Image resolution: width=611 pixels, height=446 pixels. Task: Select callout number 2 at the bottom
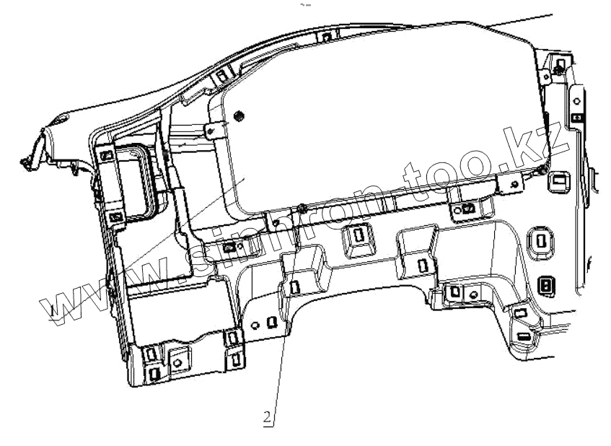(x=267, y=416)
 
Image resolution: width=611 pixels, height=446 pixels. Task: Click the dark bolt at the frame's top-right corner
(x=559, y=67)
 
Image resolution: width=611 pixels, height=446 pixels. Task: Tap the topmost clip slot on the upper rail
(x=326, y=37)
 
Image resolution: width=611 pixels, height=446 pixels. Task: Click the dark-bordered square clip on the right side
(x=546, y=286)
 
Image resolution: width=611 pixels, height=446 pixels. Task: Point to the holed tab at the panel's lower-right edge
(x=512, y=184)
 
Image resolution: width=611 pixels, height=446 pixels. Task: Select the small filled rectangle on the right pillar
(x=576, y=116)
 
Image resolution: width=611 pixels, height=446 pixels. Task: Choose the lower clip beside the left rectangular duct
(x=115, y=217)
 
